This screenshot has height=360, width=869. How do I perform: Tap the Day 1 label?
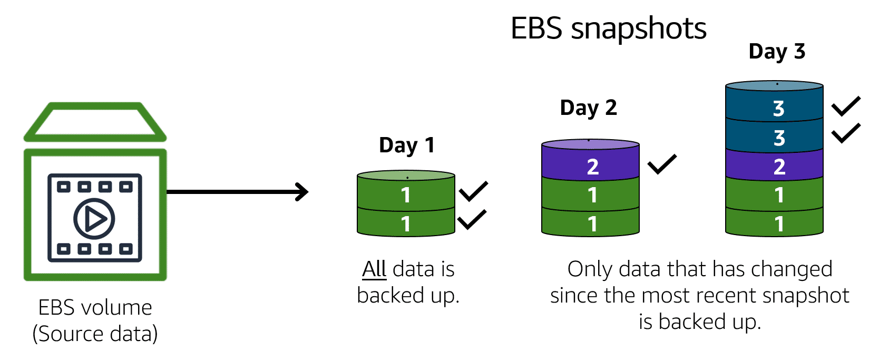406,145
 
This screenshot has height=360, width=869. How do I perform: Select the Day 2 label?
588,108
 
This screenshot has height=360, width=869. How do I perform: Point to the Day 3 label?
777,52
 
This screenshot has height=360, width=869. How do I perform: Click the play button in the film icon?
94,218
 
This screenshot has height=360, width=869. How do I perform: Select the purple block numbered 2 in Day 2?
591,167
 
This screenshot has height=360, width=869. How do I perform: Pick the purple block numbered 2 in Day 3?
775,167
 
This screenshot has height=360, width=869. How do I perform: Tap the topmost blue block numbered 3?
775,108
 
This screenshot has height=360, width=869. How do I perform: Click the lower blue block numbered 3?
775,138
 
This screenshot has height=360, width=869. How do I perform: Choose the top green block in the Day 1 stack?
406,195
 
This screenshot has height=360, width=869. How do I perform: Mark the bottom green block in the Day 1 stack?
406,224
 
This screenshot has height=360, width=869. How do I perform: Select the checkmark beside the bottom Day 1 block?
472,220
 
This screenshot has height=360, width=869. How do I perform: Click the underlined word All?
374,269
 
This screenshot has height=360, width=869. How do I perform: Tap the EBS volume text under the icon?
95,308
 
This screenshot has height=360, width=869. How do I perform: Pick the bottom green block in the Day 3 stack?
775,224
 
